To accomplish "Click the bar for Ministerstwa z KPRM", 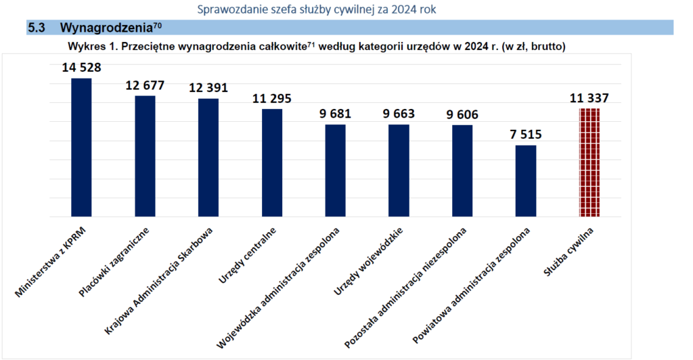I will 81,148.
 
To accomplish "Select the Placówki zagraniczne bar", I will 145,156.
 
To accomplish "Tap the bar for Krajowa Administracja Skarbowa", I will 208,158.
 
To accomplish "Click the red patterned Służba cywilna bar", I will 589,162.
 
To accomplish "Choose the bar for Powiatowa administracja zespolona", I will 526,181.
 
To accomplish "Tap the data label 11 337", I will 589,98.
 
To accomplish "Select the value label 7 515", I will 526,135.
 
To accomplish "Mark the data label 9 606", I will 462,114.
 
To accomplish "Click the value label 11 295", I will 272,98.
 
